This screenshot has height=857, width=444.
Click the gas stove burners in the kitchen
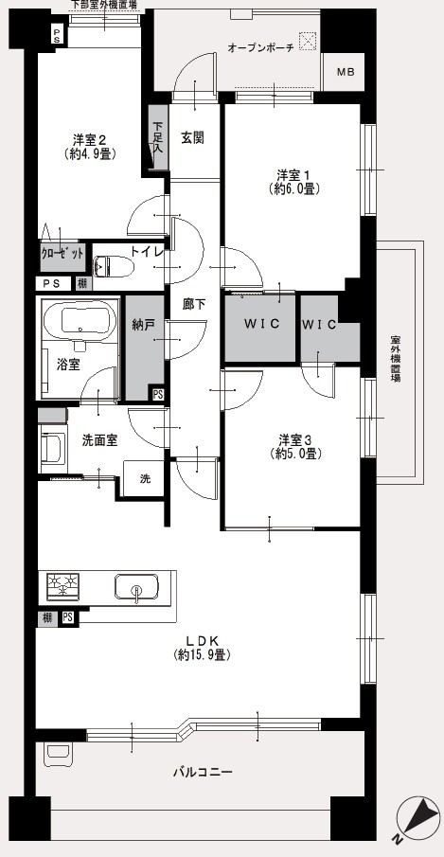[x=62, y=586]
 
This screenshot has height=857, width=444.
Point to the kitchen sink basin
[x=136, y=587]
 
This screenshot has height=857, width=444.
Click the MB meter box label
[x=346, y=72]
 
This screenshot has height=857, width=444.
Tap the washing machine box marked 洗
[x=144, y=479]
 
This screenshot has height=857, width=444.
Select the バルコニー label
[x=203, y=773]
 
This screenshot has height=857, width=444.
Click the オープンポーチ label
[x=260, y=48]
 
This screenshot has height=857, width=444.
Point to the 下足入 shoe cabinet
[x=158, y=137]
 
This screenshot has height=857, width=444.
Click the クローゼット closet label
[x=62, y=254]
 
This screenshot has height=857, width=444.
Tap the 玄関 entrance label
[x=193, y=137]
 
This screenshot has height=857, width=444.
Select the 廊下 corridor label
[x=194, y=304]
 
